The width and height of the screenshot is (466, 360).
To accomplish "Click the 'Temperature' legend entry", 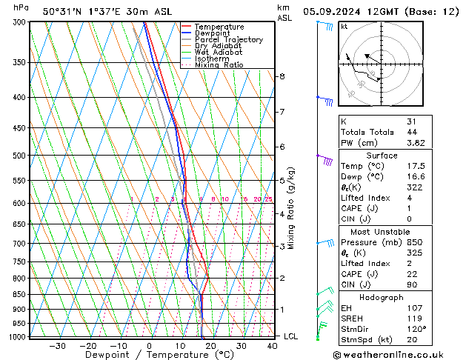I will tap(219, 27).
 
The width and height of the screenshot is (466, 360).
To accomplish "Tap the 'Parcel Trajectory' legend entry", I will tap(228, 40).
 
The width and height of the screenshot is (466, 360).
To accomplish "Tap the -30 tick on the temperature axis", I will tap(57, 346).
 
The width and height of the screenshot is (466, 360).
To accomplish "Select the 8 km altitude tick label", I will tap(282, 76).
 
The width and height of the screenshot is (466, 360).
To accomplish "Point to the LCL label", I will tap(292, 336).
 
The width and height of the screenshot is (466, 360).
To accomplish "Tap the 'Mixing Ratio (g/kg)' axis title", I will tap(292, 207).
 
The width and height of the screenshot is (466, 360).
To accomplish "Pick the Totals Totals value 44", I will tap(410, 132).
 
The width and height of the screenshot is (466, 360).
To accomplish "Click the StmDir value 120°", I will tap(415, 329).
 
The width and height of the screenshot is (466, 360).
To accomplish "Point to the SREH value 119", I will tap(413, 318).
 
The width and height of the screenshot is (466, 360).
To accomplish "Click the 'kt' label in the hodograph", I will tap(344, 27).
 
